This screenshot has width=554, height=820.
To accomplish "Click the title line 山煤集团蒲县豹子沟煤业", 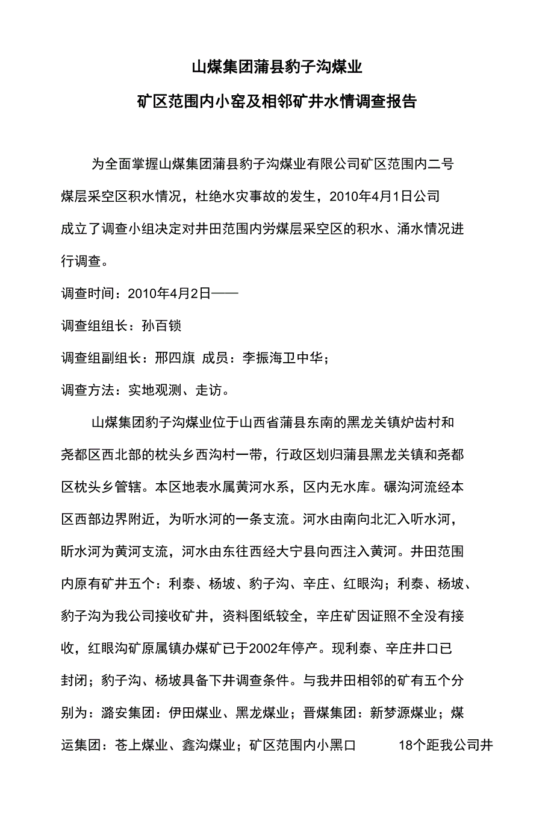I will [x=277, y=67].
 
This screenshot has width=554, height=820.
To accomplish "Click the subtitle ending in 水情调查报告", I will [x=277, y=101].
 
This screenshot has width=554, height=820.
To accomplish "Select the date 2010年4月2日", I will [x=169, y=293].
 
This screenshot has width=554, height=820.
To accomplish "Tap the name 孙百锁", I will [x=161, y=326].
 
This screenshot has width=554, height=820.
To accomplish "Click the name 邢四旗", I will [x=175, y=358].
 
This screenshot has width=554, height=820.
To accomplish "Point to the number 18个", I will [x=412, y=746].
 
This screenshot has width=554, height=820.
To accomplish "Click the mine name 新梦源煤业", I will [x=403, y=713].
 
